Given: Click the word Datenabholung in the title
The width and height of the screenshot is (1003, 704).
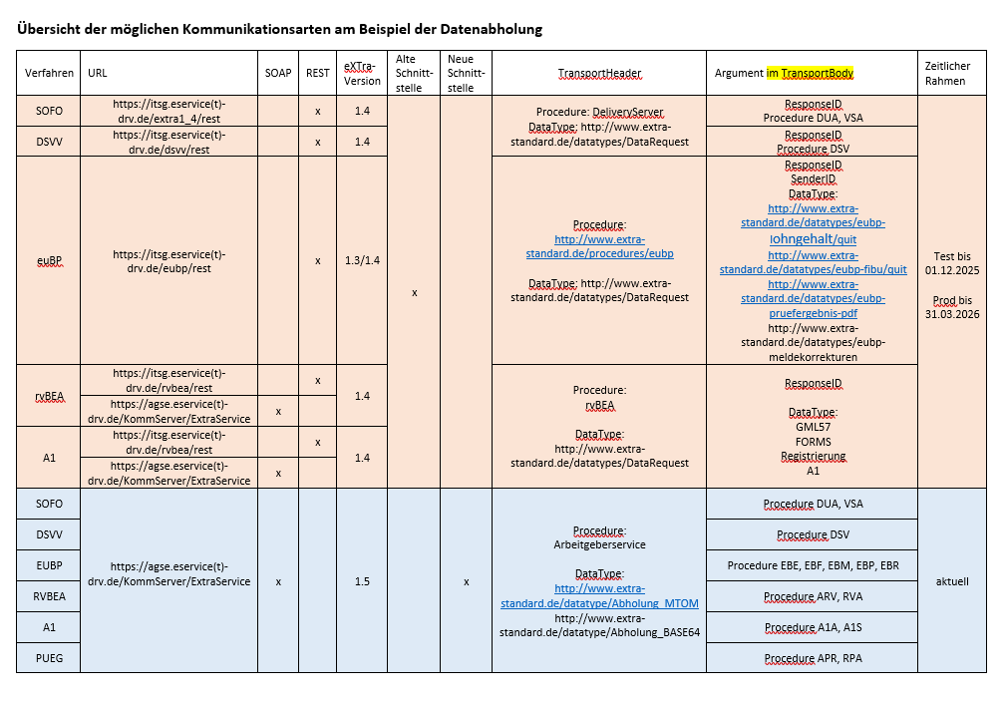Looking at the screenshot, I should pyautogui.click(x=494, y=29).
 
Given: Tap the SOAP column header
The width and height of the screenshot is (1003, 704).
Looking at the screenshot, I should pyautogui.click(x=278, y=73).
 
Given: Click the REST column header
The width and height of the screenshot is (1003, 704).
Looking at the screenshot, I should pyautogui.click(x=318, y=73).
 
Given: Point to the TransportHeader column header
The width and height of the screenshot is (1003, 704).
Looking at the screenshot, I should pyautogui.click(x=599, y=73).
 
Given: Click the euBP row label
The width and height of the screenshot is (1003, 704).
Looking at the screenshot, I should pyautogui.click(x=49, y=260).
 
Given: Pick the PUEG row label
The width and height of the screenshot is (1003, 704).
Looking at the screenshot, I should pyautogui.click(x=49, y=657).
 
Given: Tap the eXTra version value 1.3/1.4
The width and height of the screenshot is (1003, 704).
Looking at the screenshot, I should pyautogui.click(x=361, y=260).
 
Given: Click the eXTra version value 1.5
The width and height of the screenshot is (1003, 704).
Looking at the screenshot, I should pyautogui.click(x=361, y=581).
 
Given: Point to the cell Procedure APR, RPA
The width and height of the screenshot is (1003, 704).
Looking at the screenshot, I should pyautogui.click(x=813, y=658).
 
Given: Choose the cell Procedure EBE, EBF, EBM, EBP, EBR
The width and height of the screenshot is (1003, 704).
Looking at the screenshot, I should pyautogui.click(x=813, y=565).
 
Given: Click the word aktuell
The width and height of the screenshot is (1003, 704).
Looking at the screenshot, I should pyautogui.click(x=952, y=581).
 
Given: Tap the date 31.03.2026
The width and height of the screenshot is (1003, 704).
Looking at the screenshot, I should pyautogui.click(x=952, y=314).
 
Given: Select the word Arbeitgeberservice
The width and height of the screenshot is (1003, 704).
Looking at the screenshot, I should pyautogui.click(x=599, y=544).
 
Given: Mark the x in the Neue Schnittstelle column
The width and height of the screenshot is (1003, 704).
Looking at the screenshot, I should pyautogui.click(x=466, y=581).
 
